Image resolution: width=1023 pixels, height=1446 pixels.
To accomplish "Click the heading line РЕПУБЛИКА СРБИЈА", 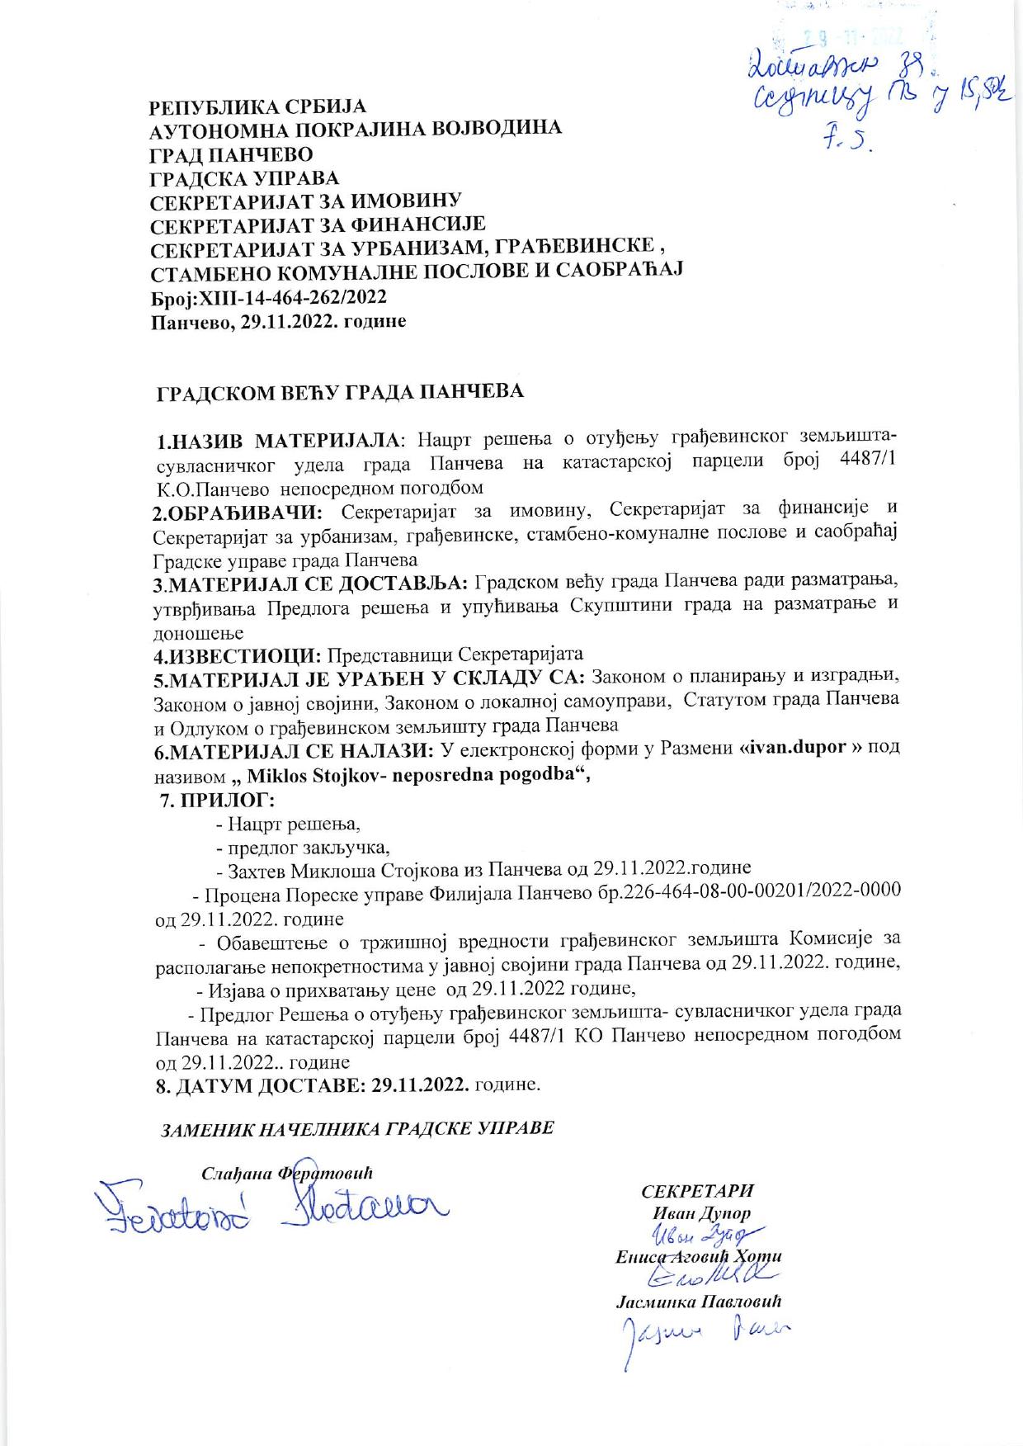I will pyautogui.click(x=257, y=107).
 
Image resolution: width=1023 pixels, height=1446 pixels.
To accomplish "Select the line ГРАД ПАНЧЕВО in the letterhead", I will pyautogui.click(x=230, y=154).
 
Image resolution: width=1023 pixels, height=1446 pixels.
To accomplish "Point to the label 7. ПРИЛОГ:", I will pyautogui.click(x=217, y=800).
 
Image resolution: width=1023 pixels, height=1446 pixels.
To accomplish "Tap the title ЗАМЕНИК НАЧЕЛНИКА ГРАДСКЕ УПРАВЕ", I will pyautogui.click(x=356, y=1128).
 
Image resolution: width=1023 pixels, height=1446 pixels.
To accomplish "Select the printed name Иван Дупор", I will pyautogui.click(x=701, y=1213).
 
